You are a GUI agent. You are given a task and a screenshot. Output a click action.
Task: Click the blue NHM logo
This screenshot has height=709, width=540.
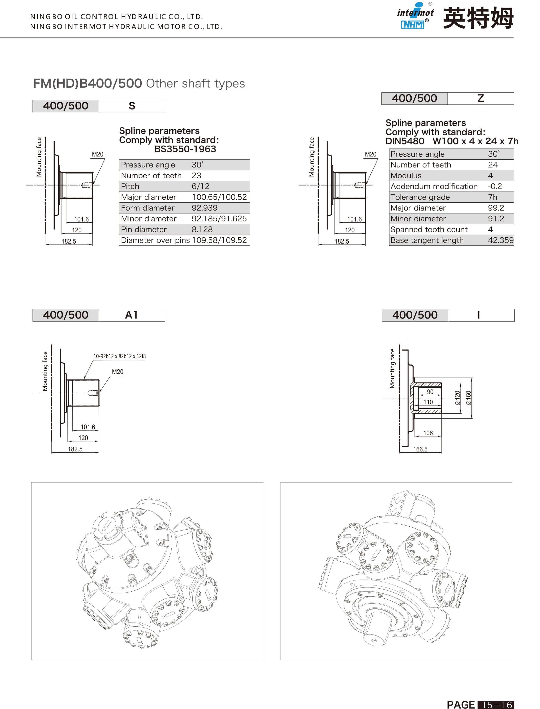[x=413, y=25]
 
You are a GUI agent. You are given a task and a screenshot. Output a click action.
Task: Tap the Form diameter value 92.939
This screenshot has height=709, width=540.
[x=204, y=208]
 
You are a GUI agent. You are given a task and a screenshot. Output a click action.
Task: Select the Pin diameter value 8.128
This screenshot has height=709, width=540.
[x=202, y=229]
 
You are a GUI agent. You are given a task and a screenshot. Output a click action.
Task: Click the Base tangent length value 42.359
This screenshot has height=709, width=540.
[x=501, y=240]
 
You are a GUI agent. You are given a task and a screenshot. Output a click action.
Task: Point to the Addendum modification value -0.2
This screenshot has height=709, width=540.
[x=495, y=186]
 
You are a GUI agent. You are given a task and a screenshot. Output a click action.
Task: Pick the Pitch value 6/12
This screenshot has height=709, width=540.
[x=200, y=186]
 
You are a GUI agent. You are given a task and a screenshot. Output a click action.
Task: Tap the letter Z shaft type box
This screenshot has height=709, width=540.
[x=481, y=99]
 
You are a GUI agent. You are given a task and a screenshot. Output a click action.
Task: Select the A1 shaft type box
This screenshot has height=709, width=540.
[x=132, y=315]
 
